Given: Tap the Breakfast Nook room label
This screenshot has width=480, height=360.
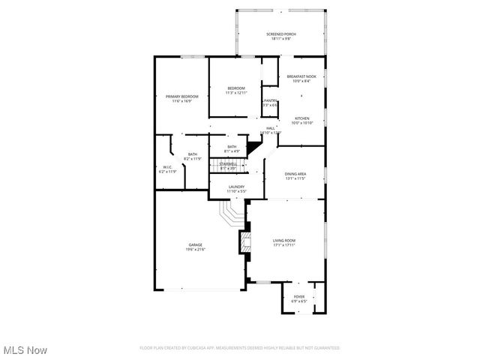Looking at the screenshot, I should click(302, 77).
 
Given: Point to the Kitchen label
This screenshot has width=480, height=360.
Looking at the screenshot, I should click(301, 118).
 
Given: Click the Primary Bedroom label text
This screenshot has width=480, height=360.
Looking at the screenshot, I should click(182, 96).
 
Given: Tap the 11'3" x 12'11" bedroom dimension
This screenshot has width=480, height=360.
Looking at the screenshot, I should click(237, 93).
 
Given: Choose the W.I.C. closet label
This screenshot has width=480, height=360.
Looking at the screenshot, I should click(167, 167).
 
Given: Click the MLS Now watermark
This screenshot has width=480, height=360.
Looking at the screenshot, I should click(25, 350).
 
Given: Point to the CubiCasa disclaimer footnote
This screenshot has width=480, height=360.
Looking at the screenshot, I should click(240, 348).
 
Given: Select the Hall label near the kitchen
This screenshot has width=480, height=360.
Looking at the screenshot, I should click(270, 128).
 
